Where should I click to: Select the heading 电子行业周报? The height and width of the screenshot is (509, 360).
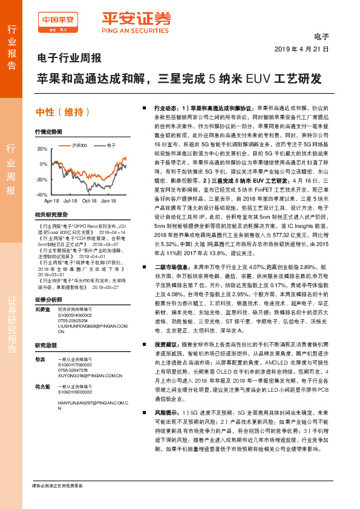coord(68,59)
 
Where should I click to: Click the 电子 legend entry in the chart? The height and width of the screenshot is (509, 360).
coord(111,145)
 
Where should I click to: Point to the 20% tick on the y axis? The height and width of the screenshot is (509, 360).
coord(42,149)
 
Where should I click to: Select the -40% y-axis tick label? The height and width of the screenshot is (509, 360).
coord(41,195)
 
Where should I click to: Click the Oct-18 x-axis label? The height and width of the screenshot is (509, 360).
coord(89,200)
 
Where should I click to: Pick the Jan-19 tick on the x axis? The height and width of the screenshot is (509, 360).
coord(108,200)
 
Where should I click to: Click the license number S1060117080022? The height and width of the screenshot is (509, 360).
coord(74,365)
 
